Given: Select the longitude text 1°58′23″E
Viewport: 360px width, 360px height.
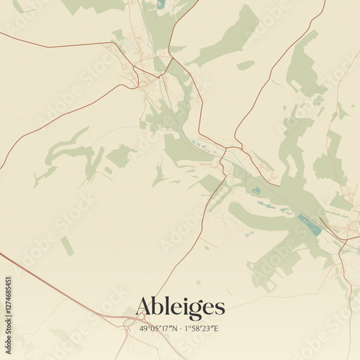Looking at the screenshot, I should tap(203, 328).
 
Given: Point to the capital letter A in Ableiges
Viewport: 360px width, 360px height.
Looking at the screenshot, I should tap(145, 306).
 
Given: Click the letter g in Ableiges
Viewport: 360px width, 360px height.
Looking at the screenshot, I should tap(195, 310).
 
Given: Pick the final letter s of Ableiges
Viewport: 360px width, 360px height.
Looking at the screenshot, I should tap(220, 308).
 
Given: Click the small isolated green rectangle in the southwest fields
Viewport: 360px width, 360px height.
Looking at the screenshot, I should tap(67, 246).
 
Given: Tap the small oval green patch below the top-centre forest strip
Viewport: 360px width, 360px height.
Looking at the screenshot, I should tap(246, 66).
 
